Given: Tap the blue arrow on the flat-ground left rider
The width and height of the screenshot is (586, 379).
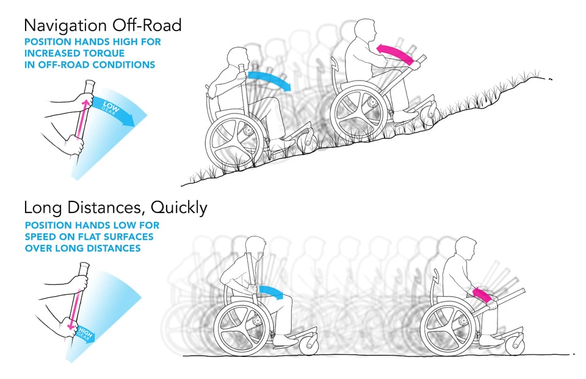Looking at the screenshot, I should (271, 292).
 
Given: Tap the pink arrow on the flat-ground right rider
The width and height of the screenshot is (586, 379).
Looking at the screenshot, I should (482, 295).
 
